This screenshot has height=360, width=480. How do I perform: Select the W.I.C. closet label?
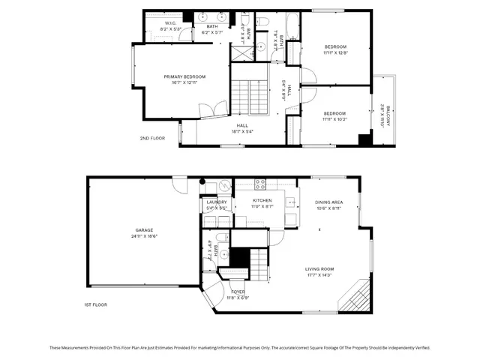[170, 23]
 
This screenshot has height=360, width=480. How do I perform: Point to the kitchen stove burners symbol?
[261, 184]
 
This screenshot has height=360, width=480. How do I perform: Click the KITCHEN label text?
[261, 201]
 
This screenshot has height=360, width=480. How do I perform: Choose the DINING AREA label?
[329, 202]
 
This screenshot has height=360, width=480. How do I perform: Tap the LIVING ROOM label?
[319, 268]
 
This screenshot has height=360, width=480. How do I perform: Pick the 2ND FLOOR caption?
[151, 138]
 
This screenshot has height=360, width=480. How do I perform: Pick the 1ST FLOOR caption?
[94, 304]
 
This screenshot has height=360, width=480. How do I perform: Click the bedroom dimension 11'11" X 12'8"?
[335, 52]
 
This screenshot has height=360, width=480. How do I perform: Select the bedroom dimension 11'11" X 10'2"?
[335, 118]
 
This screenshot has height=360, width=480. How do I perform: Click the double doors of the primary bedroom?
[207, 111]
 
